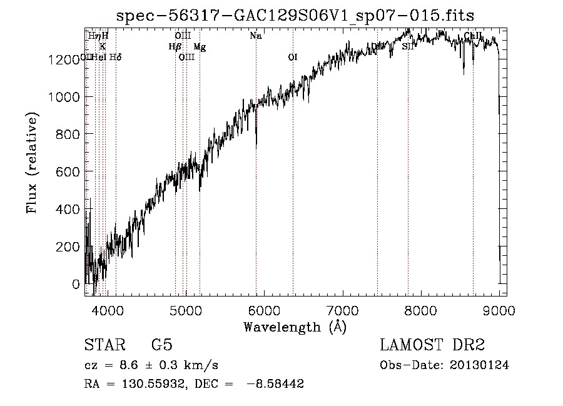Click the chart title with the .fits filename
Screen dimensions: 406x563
[295, 15]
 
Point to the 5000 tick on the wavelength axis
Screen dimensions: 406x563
[185, 310]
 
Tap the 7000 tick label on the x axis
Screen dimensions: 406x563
[342, 310]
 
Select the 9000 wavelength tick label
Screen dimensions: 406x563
[499, 310]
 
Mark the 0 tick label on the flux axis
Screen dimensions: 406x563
[76, 284]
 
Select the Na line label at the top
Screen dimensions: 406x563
[255, 36]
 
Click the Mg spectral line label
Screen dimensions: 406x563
[199, 47]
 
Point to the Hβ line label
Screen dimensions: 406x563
[175, 47]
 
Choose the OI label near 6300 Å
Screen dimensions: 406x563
[292, 58]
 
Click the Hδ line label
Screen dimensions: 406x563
[115, 58]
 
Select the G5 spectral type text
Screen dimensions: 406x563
[161, 345]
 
